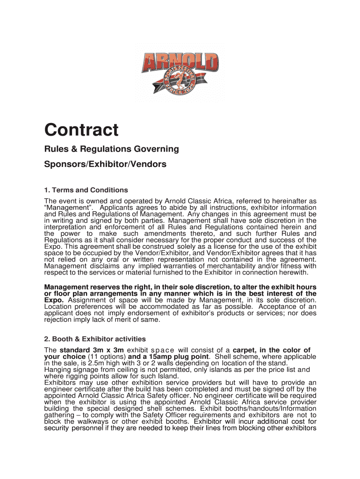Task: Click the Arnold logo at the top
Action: pos(180,73)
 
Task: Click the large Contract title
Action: pos(81,130)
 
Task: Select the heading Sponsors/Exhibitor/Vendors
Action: pos(105,165)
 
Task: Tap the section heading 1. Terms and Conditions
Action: pos(86,190)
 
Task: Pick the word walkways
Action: pos(93,421)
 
